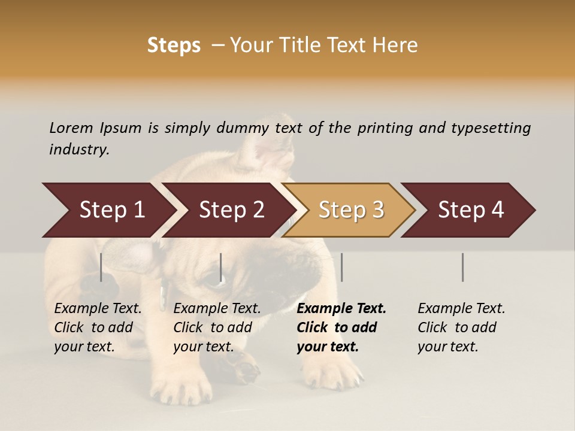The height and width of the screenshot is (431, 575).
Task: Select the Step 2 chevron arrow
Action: click(231, 210)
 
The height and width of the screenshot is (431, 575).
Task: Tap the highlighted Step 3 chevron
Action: click(350, 210)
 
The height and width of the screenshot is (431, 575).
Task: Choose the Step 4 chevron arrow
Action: click(470, 210)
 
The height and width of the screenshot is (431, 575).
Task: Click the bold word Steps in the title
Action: click(174, 45)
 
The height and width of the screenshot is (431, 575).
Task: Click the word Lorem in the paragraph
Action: click(71, 128)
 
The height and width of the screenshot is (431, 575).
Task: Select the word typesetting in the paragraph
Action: click(491, 128)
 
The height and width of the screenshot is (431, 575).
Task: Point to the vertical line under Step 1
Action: click(101, 267)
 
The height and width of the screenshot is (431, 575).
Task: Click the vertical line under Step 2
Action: click(221, 267)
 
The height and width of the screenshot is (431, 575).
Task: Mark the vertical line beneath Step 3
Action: click(341, 267)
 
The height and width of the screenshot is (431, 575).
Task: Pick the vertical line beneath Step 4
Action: click(462, 267)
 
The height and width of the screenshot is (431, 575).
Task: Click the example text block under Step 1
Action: click(98, 327)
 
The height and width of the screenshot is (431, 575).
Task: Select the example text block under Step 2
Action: click(217, 327)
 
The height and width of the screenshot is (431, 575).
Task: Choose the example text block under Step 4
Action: click(461, 327)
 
